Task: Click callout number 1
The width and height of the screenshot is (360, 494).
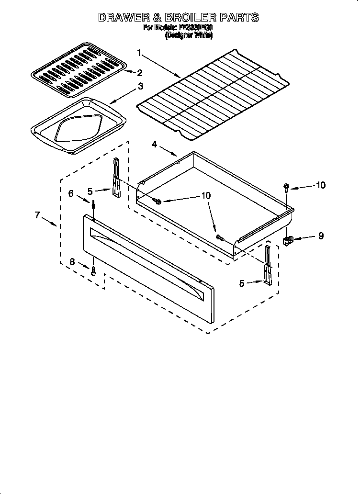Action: [x=139, y=52]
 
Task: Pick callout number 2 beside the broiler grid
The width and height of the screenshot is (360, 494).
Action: [x=140, y=73]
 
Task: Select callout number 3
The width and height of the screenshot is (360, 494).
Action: [x=140, y=87]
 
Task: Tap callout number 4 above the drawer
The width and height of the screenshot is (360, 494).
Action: [x=155, y=144]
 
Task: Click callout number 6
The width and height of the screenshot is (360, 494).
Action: [x=71, y=193]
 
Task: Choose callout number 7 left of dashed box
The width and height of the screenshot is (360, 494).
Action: [x=37, y=215]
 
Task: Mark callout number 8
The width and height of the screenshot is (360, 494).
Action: [x=72, y=261]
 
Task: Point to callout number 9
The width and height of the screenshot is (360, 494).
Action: [x=320, y=236]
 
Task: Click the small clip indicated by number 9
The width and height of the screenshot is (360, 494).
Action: [x=288, y=241]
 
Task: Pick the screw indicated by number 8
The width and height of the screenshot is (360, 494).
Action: [x=94, y=270]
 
